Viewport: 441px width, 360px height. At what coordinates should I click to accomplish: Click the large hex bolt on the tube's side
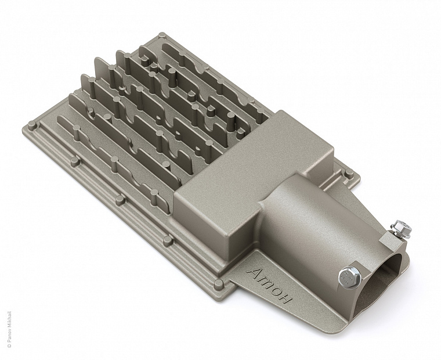click(349, 278)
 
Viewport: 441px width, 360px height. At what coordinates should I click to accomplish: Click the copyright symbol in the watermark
click(9, 345)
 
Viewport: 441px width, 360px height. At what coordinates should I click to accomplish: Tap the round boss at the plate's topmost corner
click(162, 36)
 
